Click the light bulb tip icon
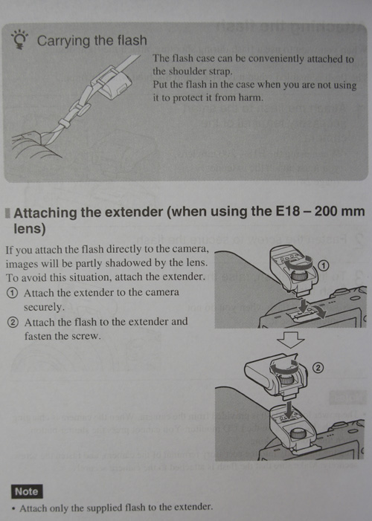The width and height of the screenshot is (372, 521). click(x=19, y=39)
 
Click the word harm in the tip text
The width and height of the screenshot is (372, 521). click(x=251, y=97)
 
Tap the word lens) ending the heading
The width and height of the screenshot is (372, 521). click(x=29, y=229)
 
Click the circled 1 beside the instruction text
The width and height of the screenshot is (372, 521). click(x=13, y=293)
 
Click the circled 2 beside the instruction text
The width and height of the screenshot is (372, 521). click(x=13, y=323)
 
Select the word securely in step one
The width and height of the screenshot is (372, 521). click(x=44, y=307)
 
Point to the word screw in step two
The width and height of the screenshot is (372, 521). click(x=89, y=336)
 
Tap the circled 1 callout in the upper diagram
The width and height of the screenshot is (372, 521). click(x=324, y=265)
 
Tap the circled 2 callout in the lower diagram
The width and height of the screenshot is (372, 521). click(x=318, y=367)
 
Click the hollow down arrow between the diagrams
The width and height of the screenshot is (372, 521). click(x=290, y=340)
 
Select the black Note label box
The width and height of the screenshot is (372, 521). click(x=27, y=491)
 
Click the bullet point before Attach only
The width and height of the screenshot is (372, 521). click(x=13, y=509)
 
